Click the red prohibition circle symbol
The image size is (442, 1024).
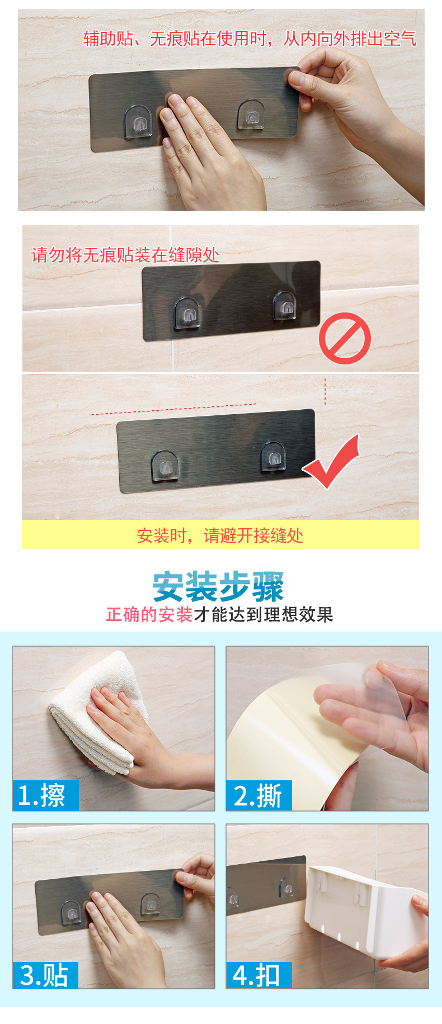[345, 338]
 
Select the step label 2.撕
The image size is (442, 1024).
[258, 795]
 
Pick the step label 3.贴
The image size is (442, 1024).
[45, 975]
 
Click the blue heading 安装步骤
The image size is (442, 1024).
[219, 586]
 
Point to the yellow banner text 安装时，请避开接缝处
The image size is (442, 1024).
[220, 535]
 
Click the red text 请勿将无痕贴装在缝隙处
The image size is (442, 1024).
[125, 255]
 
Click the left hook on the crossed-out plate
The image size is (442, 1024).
[187, 314]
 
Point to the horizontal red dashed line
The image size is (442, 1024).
[173, 409]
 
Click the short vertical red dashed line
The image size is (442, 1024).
[325, 391]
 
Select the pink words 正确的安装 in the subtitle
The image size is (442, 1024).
[149, 614]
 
